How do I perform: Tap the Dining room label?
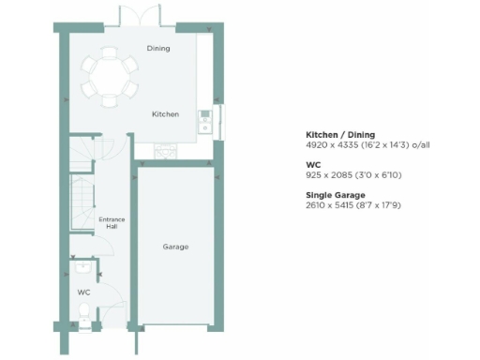click(158, 48)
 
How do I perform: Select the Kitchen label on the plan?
click(166, 114)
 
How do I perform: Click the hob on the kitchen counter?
click(166, 148)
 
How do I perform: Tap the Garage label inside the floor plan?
click(175, 247)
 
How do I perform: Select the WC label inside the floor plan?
click(82, 292)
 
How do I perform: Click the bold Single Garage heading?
click(335, 195)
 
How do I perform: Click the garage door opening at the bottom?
click(175, 327)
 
